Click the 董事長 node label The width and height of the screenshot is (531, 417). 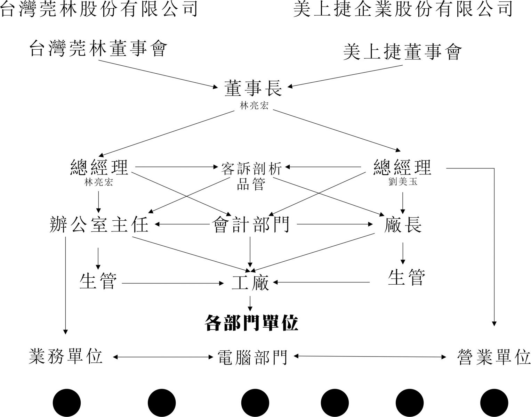[x=254, y=88]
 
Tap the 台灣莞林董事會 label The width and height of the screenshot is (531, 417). [x=98, y=49]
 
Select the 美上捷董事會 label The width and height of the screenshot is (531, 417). [x=403, y=52]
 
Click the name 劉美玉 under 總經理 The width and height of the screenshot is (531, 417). [x=403, y=182]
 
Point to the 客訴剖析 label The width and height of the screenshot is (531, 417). [x=251, y=169]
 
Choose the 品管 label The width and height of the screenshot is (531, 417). [x=251, y=184]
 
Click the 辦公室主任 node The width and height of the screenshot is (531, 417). [x=99, y=224]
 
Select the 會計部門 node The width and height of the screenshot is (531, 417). [x=251, y=224]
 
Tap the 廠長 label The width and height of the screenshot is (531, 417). [x=403, y=224]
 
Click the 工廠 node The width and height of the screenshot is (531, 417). [x=250, y=283]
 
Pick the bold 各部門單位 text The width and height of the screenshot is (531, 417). [x=251, y=323]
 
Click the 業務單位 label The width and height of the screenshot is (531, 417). [x=65, y=357]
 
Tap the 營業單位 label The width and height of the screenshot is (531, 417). [x=494, y=357]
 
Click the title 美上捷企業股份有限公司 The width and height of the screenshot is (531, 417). [x=403, y=9]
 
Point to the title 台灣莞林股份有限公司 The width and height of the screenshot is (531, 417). [x=99, y=9]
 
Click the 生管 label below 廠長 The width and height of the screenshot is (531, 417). [x=407, y=277]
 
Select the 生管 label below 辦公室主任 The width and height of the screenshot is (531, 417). [x=98, y=281]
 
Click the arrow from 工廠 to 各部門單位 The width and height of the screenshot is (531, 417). [x=250, y=303]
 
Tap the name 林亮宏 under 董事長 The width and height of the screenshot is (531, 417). [x=254, y=106]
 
